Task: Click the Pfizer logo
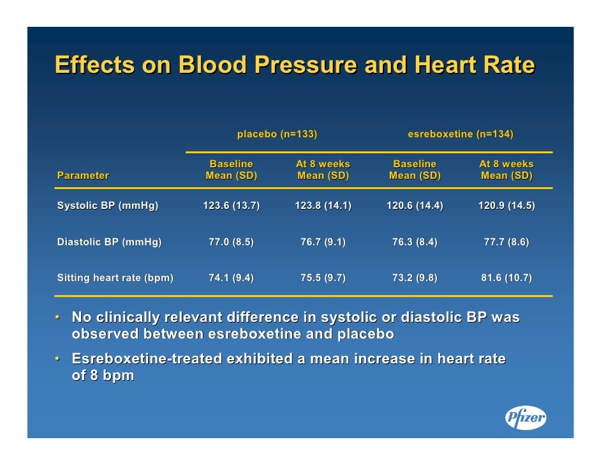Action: click(526, 418)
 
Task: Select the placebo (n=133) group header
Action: click(277, 134)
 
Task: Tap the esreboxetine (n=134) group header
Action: click(460, 134)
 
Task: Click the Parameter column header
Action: click(83, 176)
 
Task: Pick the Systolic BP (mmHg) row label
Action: click(107, 206)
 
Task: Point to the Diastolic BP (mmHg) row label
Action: click(109, 242)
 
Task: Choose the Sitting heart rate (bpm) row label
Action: click(115, 278)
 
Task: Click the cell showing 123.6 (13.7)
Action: click(231, 206)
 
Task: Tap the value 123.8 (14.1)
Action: click(323, 206)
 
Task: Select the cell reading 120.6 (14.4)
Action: click(415, 206)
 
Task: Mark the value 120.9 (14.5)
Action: click(507, 206)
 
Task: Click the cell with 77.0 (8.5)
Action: click(231, 242)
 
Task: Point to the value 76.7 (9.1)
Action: click(323, 242)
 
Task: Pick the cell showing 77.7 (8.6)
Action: click(507, 242)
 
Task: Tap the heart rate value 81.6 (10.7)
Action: click(507, 278)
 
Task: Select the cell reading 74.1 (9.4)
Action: click(231, 278)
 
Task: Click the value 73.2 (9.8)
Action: click(415, 278)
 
